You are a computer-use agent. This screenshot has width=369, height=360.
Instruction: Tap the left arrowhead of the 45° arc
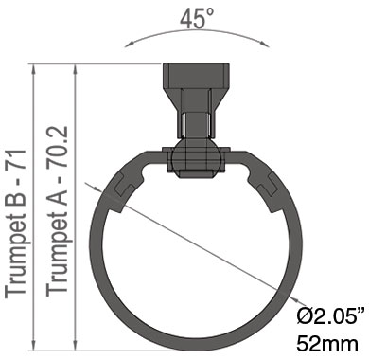(x=130, y=44)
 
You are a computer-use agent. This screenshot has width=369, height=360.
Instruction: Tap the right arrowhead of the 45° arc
(x=264, y=44)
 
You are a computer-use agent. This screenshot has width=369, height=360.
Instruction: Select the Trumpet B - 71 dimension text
(x=15, y=224)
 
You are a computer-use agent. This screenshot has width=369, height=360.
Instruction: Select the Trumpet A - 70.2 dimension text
(x=57, y=211)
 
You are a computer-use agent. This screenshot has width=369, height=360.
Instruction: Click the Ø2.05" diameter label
(x=327, y=315)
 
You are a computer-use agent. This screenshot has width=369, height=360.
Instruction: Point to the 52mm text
(x=327, y=344)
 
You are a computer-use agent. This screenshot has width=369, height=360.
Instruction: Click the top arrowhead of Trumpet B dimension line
(x=34, y=70)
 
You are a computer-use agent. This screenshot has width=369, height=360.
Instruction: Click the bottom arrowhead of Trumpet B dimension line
(x=34, y=345)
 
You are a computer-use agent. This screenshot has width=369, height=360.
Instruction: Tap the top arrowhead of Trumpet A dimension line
(x=75, y=70)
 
